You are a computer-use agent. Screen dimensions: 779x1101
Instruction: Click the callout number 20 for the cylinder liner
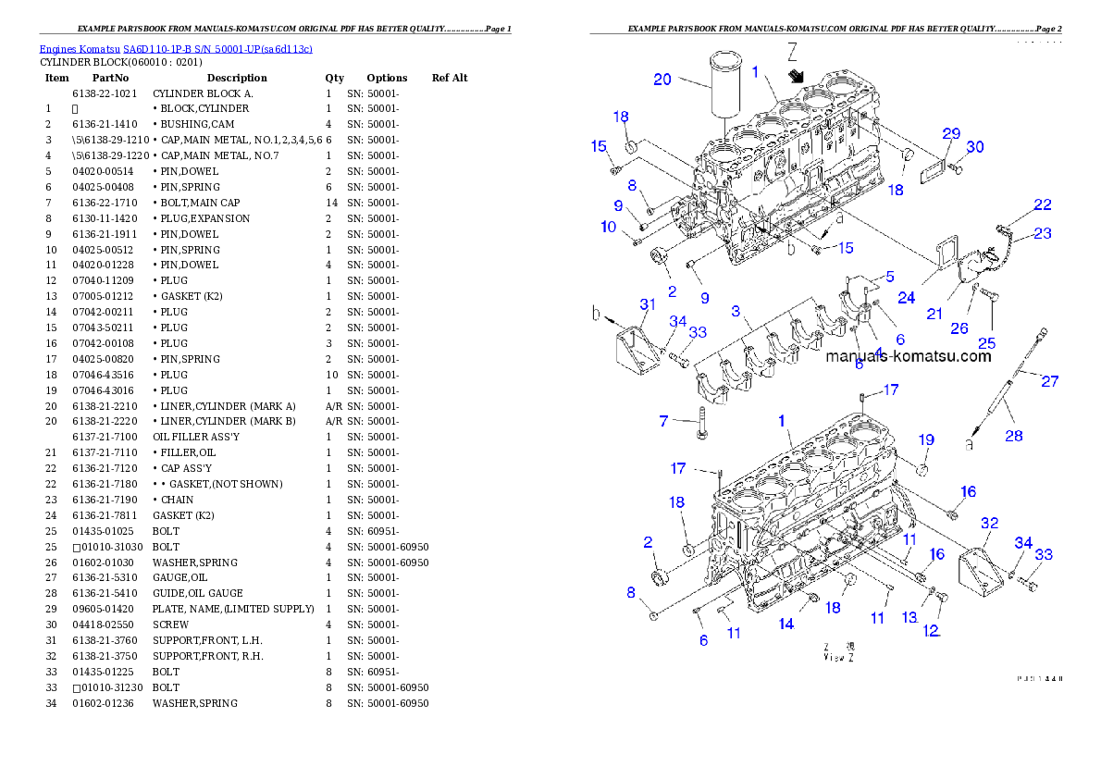[662, 80]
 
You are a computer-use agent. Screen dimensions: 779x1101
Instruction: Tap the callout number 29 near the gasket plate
[952, 135]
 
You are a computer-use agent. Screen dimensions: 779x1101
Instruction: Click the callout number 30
[975, 147]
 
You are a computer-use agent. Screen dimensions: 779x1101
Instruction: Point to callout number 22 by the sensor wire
[1043, 204]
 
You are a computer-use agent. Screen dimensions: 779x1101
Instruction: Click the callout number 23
[1043, 233]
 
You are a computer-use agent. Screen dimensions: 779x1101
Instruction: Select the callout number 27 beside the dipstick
[1050, 380]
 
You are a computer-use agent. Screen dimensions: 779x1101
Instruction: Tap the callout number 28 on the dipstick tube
[1014, 435]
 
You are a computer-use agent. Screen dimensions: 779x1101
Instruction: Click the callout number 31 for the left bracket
[648, 303]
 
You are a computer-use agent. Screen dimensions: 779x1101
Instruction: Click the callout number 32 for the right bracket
[989, 523]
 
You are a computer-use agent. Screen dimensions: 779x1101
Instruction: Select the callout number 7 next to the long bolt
[663, 422]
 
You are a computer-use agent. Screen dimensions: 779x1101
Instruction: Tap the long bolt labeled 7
[702, 427]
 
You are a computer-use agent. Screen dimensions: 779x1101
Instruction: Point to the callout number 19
[926, 439]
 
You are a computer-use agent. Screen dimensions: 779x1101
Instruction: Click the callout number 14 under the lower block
[786, 624]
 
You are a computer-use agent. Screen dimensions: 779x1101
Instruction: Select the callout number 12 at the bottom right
[930, 631]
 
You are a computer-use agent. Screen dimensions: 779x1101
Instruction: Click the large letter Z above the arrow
[793, 51]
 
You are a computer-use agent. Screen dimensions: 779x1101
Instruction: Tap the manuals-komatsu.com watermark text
[908, 356]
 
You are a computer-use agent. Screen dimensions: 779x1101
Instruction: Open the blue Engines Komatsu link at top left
[176, 48]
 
